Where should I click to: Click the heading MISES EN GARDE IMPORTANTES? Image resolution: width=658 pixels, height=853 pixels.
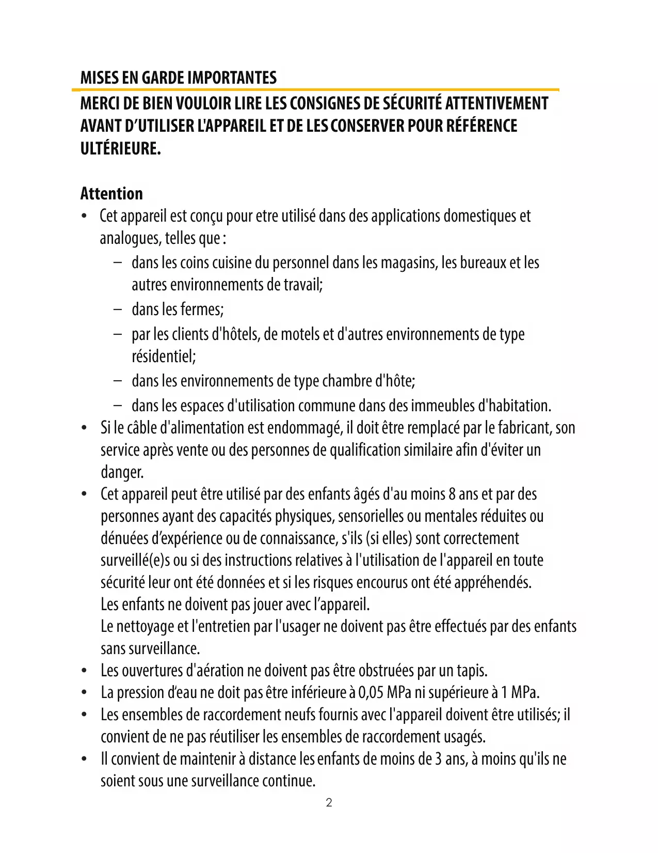pyautogui.click(x=178, y=78)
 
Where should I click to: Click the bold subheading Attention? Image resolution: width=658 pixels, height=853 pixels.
pyautogui.click(x=111, y=194)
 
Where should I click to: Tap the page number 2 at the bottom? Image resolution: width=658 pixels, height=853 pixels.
pyautogui.click(x=329, y=802)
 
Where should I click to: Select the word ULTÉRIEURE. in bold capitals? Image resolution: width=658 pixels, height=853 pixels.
pyautogui.click(x=121, y=149)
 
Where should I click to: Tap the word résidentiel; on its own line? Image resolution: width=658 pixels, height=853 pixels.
pyautogui.click(x=164, y=356)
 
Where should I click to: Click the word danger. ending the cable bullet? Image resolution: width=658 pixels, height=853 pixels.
pyautogui.click(x=122, y=472)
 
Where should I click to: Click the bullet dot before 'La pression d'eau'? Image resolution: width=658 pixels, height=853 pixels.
pyautogui.click(x=84, y=693)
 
